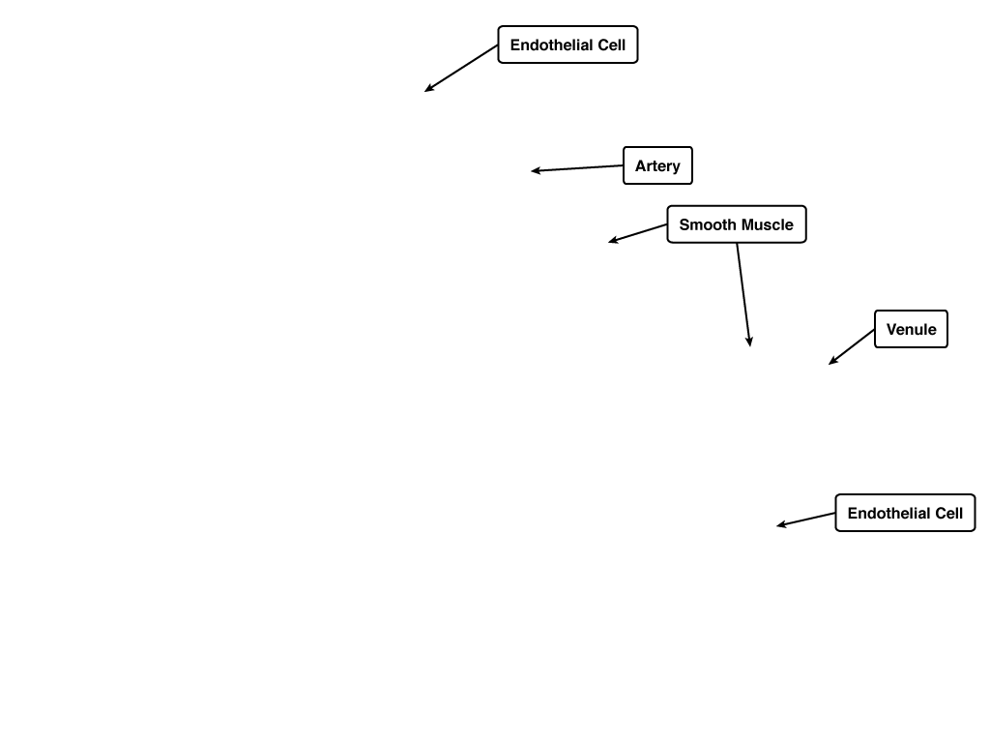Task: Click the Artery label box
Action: [657, 165]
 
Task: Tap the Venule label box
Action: [911, 329]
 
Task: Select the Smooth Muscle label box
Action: [736, 224]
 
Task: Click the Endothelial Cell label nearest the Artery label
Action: [568, 45]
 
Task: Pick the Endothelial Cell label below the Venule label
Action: [905, 513]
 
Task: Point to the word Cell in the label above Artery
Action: [611, 45]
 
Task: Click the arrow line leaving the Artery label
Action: [577, 168]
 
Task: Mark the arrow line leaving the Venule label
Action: [852, 347]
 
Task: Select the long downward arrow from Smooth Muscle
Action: [743, 294]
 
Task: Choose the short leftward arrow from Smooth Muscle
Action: [638, 233]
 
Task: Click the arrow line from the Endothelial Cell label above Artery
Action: [461, 69]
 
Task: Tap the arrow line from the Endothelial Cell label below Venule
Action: [805, 520]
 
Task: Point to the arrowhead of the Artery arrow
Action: [535, 170]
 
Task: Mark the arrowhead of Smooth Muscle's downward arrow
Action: [749, 342]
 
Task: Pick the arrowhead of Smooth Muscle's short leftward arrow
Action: [612, 241]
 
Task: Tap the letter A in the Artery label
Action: [640, 165]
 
